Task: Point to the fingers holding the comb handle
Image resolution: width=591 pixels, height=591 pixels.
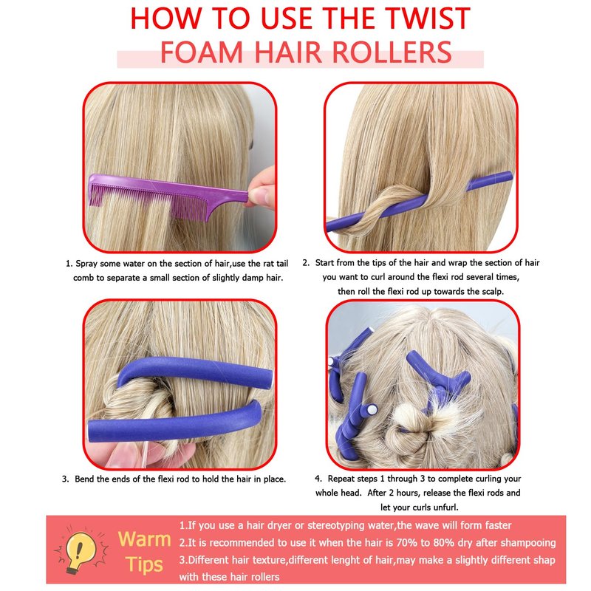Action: click(x=262, y=188)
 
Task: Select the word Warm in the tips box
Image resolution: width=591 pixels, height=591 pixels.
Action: click(x=144, y=539)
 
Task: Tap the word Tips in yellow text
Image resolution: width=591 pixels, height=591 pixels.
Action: click(x=144, y=565)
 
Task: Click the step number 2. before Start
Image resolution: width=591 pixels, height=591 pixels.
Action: click(x=306, y=263)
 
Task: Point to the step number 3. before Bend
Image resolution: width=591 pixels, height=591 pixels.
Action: click(x=65, y=479)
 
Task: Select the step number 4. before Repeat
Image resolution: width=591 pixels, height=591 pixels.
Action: click(x=318, y=479)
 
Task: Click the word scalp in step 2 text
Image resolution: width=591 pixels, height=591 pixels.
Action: click(x=492, y=291)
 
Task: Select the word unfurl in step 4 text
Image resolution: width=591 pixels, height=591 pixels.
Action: click(x=445, y=508)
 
